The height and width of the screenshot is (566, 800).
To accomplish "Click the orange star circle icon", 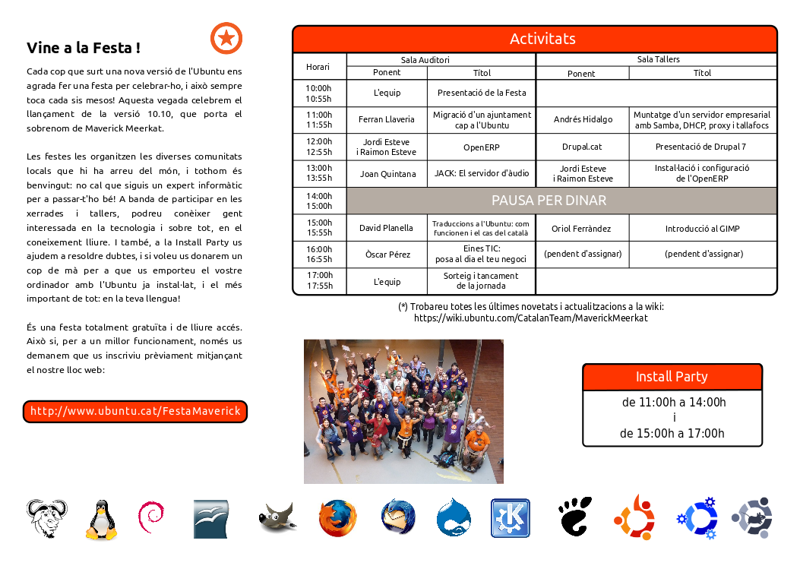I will (x=226, y=38).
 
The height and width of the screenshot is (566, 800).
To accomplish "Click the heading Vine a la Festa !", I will (x=83, y=48).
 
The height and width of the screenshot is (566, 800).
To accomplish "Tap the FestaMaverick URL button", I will (x=135, y=411).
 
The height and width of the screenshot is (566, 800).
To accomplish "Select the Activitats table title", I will (x=542, y=39).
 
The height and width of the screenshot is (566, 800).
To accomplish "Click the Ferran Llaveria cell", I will (x=387, y=119).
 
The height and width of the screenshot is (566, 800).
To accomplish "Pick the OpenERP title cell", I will (x=481, y=147).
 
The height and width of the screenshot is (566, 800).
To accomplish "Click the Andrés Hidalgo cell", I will (x=583, y=119).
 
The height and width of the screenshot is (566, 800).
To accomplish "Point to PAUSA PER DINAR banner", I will (x=561, y=201).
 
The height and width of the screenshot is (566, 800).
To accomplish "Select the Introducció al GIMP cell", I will (x=702, y=228).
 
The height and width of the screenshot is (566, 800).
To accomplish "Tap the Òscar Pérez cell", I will (x=387, y=255).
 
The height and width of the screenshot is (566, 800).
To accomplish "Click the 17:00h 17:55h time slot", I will (x=319, y=280).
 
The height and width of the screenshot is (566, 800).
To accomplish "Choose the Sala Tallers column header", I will (x=657, y=59).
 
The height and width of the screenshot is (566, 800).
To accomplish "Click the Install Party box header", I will (x=672, y=377).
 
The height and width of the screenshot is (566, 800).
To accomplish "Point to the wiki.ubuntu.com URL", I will (x=530, y=318).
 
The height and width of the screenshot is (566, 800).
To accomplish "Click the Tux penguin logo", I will (x=100, y=520).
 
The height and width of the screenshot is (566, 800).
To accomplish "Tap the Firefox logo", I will (x=337, y=519).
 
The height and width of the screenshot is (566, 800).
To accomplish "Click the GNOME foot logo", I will (x=574, y=517).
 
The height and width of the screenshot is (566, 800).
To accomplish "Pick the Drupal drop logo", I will (x=453, y=518).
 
